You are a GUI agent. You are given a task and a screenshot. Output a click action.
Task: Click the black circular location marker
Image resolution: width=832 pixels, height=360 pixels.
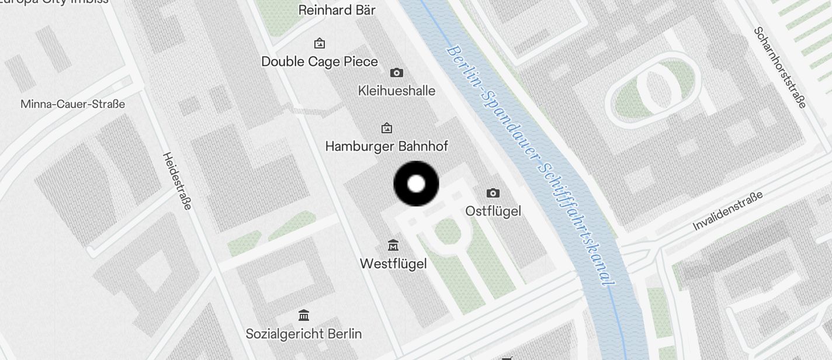pos(416,184)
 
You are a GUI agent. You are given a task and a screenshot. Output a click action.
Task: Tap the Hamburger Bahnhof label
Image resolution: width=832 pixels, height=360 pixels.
pos(386,146)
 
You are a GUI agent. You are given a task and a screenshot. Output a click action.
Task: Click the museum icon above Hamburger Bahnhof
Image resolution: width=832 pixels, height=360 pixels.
pos(386,128)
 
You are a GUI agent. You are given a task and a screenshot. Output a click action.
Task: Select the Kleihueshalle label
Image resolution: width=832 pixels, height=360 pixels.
pos(397,91)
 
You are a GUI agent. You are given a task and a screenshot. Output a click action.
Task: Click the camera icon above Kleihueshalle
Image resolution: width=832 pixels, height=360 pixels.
pos(397,72)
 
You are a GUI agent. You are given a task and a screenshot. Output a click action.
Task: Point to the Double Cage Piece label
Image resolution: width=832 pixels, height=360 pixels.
pos(320,61)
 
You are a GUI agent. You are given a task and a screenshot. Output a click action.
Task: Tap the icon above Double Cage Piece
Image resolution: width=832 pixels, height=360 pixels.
pos(320,43)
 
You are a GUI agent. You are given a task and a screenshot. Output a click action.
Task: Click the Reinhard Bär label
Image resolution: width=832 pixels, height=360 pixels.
pos(337,10)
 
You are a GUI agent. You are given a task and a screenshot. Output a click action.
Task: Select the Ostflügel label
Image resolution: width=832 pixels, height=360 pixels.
pos(493,211)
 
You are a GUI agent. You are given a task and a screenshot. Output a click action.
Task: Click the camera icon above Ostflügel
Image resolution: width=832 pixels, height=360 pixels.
pos(493,193)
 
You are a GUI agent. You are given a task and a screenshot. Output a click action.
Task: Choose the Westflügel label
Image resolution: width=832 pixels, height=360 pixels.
pos(393,264)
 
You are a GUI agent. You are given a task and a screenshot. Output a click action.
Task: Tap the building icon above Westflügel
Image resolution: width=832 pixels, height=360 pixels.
pos(393,245)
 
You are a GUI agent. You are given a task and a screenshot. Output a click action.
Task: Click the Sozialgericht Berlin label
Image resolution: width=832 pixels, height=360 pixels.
pos(304,334)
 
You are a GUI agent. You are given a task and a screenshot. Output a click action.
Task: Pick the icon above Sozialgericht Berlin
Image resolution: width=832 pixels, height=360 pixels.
pos(304,316)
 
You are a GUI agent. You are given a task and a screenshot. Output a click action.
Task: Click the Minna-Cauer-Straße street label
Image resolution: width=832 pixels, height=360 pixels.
pos(72,104)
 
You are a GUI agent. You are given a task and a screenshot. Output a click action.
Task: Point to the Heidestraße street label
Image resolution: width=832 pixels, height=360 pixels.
pos(177,181)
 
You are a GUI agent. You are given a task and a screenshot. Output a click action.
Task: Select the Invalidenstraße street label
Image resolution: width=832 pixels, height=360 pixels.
pos(728,211)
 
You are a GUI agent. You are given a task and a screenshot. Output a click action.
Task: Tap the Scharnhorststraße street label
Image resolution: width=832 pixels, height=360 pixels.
pos(780,67)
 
